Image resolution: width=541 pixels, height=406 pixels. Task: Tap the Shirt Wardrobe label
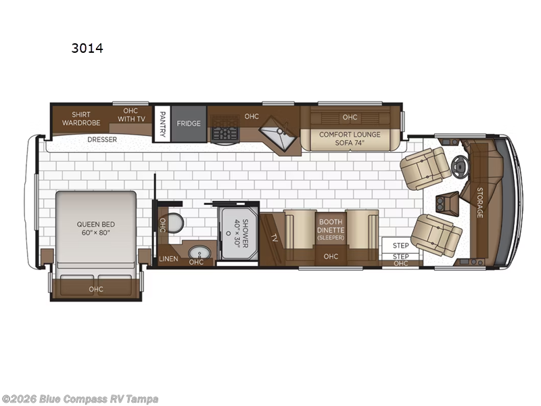tap(76, 118)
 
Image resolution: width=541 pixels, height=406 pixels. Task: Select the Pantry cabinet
tap(162, 122)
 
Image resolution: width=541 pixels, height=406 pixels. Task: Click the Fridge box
tap(189, 124)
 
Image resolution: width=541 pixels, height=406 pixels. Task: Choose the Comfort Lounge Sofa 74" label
tap(350, 138)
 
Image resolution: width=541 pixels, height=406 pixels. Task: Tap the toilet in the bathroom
tap(175, 223)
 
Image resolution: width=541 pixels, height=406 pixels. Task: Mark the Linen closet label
tap(168, 259)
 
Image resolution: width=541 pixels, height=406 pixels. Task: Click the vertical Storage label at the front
tap(479, 203)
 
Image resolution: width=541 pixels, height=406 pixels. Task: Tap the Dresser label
tap(102, 139)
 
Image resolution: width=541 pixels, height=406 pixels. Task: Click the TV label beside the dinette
tap(274, 238)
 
